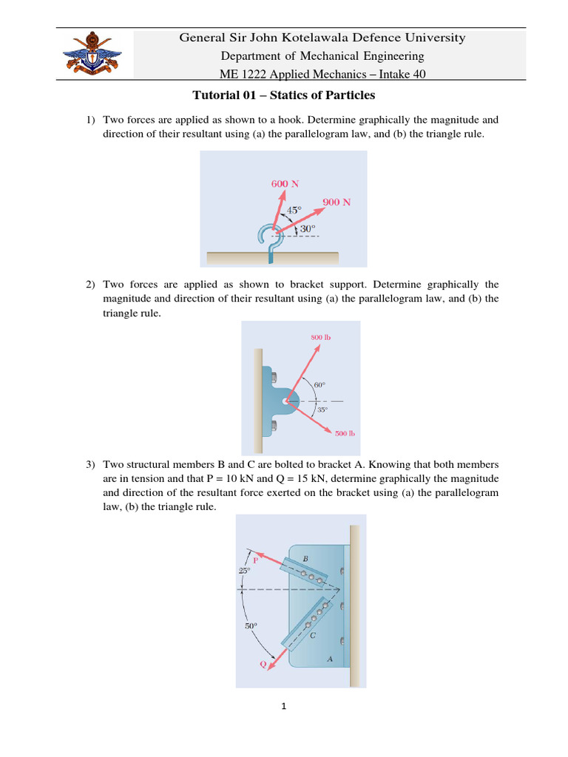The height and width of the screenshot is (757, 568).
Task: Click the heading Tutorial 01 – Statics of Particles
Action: [284, 95]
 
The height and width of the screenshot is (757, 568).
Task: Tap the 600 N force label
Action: [285, 183]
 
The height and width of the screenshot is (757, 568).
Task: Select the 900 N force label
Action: [337, 202]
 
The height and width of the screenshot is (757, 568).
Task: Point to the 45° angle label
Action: [294, 211]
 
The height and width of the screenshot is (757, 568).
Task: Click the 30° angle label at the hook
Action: [307, 229]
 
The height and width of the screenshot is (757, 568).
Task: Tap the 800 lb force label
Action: [321, 338]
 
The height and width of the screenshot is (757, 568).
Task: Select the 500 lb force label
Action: [344, 433]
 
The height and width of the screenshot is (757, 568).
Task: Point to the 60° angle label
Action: [319, 385]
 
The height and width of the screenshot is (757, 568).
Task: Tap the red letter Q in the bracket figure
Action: [263, 665]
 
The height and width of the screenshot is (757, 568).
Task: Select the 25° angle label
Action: [244, 571]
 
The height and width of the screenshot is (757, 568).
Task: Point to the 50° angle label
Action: [251, 626]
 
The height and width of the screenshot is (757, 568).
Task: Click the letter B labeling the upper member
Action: [306, 557]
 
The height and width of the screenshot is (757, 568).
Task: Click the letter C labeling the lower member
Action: [313, 634]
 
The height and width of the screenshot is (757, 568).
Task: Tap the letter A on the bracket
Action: [329, 659]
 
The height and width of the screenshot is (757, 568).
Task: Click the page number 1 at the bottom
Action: [283, 706]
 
